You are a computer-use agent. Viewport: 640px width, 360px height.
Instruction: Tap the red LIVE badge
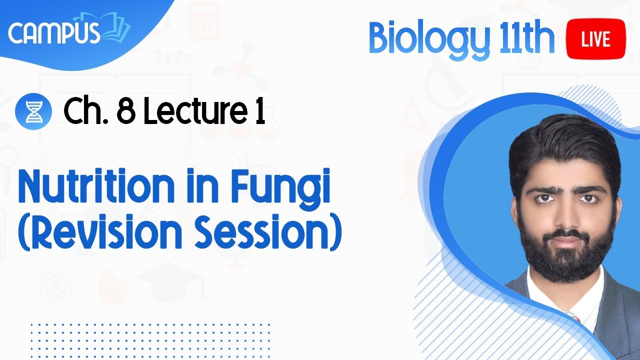point(595,39)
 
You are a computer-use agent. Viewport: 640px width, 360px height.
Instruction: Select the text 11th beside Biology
point(527,38)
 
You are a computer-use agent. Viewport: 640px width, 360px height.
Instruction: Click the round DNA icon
point(33,111)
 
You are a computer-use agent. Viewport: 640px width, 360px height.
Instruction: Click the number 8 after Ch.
point(126,111)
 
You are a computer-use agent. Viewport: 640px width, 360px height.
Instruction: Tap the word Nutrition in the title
point(96,185)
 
